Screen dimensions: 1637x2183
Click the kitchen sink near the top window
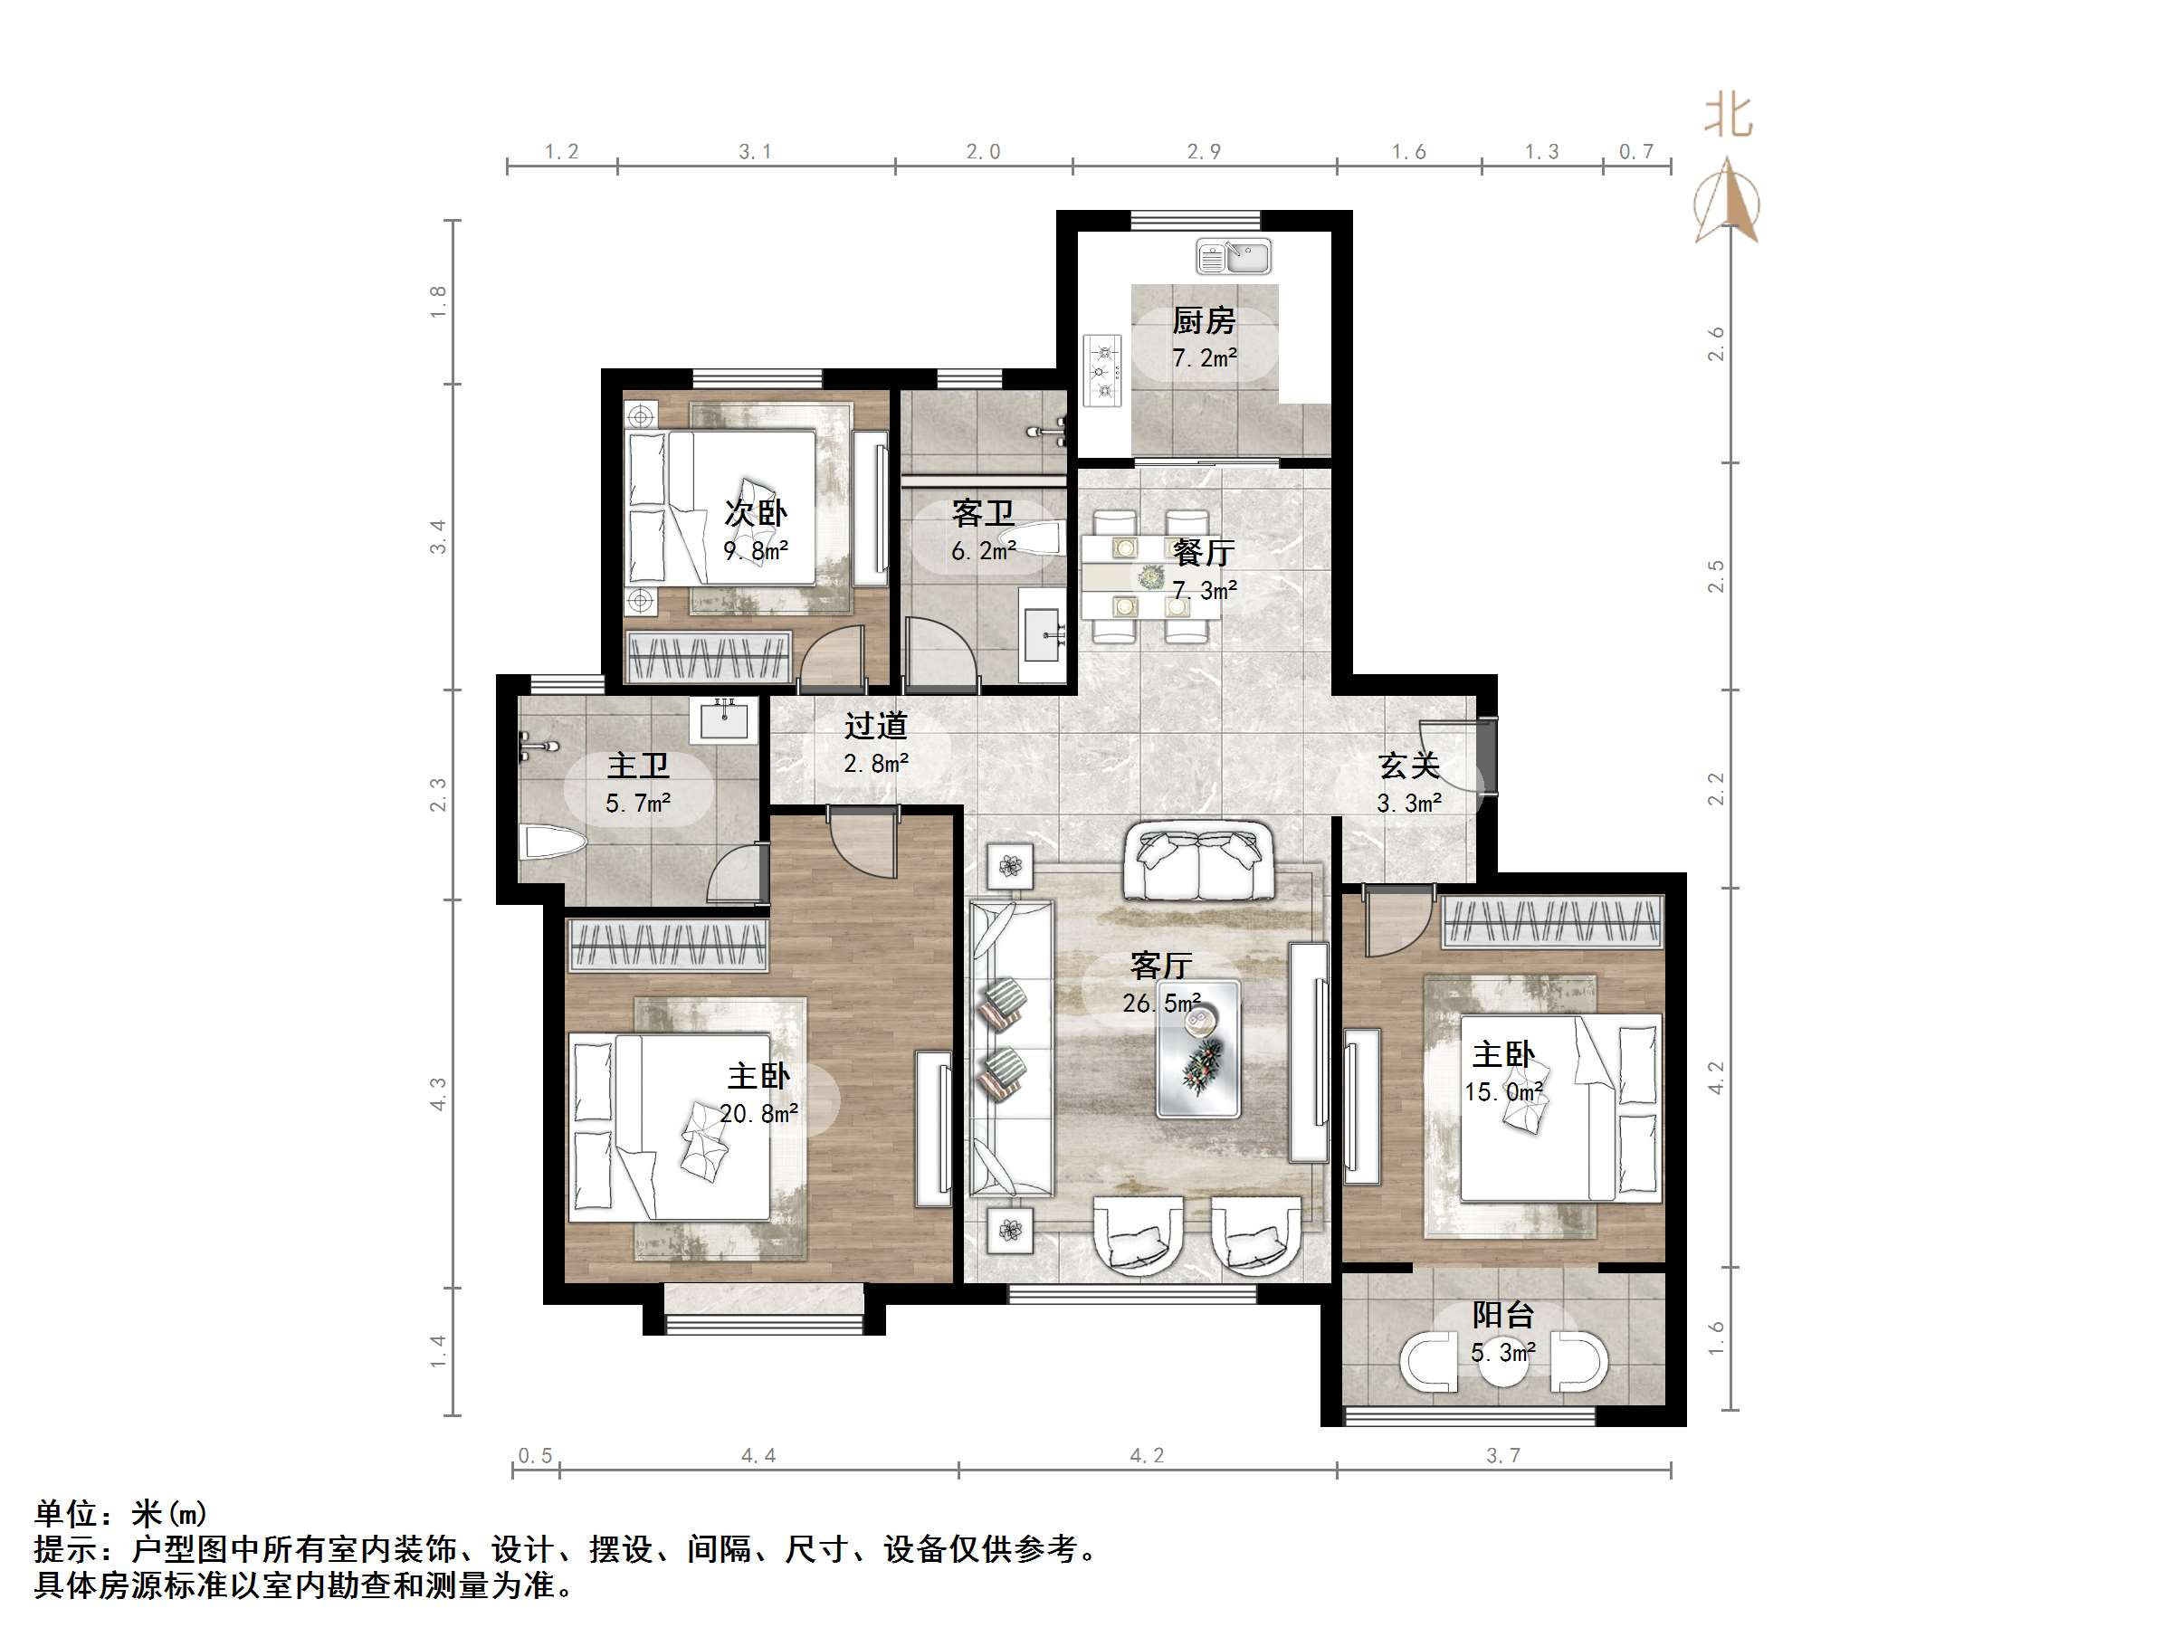[x=1233, y=258]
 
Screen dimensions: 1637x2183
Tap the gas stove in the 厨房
[x=1103, y=370]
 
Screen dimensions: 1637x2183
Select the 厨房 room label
[x=1203, y=320]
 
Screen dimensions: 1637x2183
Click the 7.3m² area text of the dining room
[x=1204, y=591]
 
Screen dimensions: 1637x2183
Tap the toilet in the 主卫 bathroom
[x=553, y=842]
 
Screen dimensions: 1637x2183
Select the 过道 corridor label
[x=875, y=727]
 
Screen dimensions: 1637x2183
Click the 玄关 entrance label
[x=1408, y=765]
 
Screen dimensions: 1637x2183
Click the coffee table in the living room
[x=1199, y=1050]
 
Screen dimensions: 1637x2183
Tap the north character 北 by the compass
[x=1728, y=117]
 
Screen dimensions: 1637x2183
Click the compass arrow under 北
[x=1727, y=203]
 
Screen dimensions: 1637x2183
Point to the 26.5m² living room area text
[x=1161, y=1004]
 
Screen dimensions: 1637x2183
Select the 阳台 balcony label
[x=1502, y=1314]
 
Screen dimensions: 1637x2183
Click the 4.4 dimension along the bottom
[x=758, y=1455]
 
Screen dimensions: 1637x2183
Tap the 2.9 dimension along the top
[x=1204, y=152]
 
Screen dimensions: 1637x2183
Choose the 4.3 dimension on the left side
[x=437, y=1093]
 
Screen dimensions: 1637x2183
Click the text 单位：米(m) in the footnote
[x=120, y=1513]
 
